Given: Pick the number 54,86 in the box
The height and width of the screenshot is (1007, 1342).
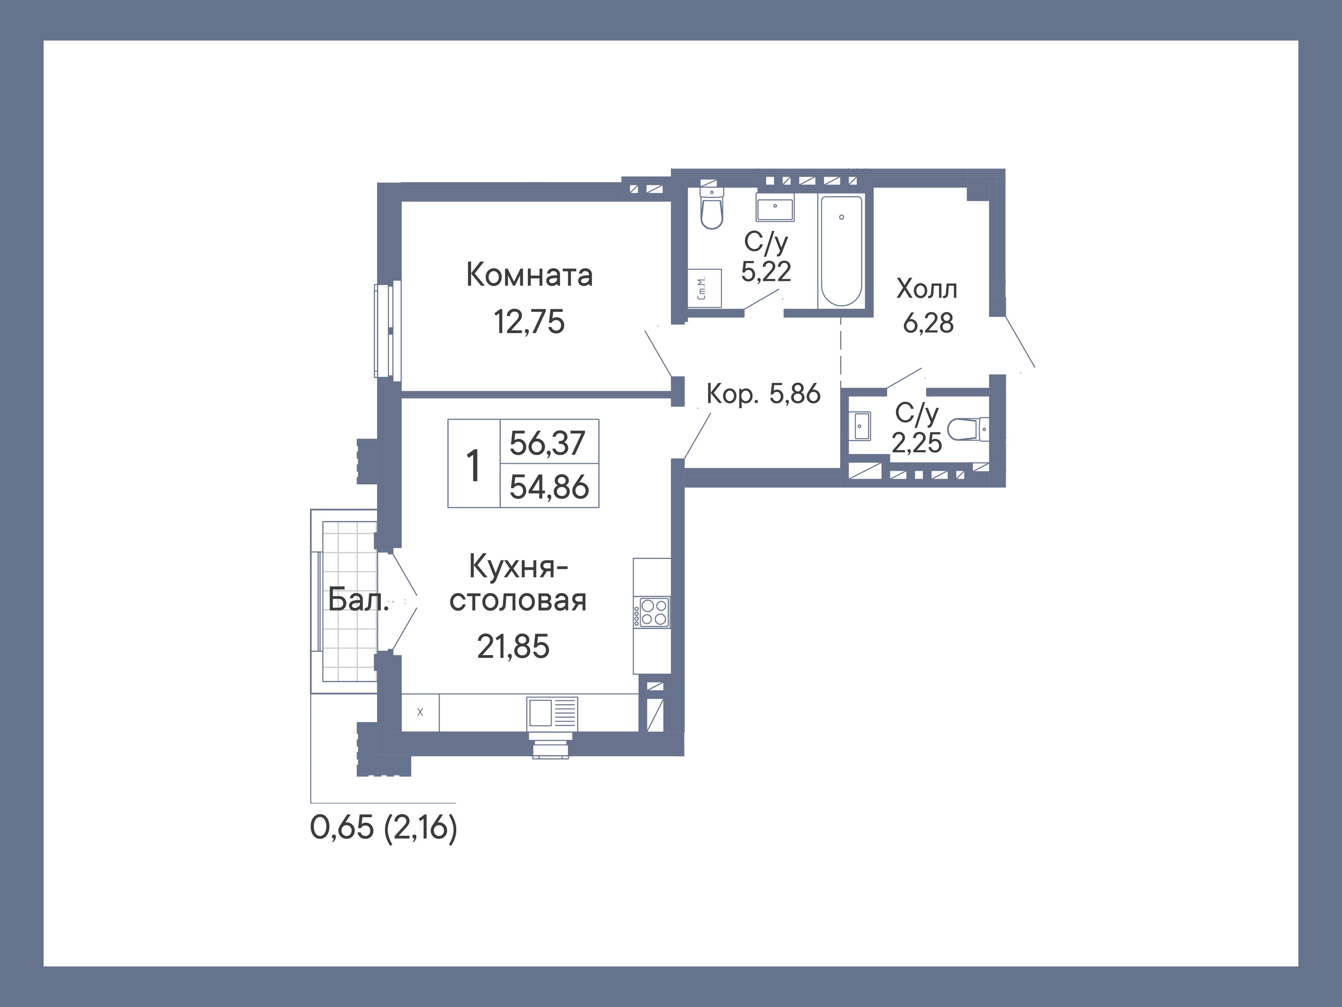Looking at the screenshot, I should [x=549, y=487].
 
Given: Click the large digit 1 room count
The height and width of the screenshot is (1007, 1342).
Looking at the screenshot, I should [x=473, y=465].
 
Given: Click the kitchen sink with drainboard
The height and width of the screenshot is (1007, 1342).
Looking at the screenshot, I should [x=552, y=712].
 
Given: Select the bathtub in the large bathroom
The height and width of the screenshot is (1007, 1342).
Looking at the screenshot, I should [x=841, y=250].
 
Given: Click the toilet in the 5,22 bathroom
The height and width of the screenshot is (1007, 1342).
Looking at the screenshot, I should [x=712, y=208].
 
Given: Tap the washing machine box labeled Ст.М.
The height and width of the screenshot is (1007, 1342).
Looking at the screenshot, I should [x=705, y=288].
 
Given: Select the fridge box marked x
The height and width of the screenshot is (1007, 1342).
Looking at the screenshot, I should [x=420, y=713].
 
